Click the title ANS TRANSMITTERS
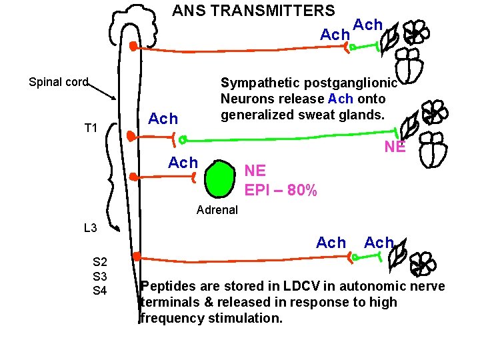tap(253, 11)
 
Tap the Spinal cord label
tap(59, 82)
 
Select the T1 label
tap(91, 128)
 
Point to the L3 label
tap(91, 228)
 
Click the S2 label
tap(100, 263)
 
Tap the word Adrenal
tap(217, 210)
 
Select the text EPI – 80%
tap(281, 190)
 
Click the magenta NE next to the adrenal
tap(255, 171)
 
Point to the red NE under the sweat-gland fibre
tap(395, 147)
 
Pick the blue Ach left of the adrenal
tap(183, 163)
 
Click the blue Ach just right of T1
tap(163, 119)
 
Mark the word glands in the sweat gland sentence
tap(364, 114)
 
